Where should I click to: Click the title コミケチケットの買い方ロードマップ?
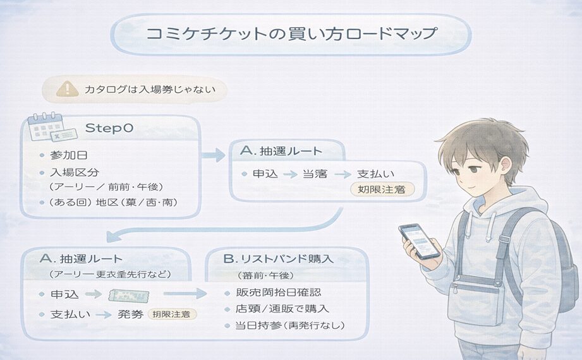(291, 33)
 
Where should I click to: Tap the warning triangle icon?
(64, 89)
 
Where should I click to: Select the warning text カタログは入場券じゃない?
(149, 90)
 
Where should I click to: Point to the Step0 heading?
(109, 128)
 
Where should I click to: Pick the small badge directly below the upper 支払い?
(378, 189)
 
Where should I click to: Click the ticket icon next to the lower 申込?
(129, 294)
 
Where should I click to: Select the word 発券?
(130, 314)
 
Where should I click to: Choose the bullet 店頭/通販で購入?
(282, 309)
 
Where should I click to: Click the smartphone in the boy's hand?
(418, 241)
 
